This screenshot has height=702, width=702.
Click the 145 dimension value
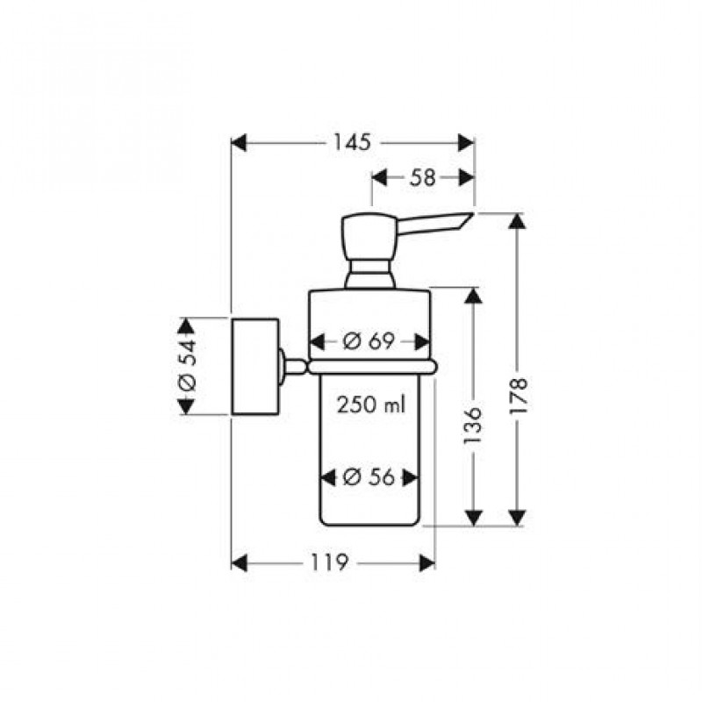(352, 143)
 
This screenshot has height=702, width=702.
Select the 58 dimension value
(422, 178)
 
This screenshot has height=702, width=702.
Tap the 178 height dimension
(519, 396)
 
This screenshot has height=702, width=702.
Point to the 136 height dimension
(472, 426)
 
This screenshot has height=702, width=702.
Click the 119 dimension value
(329, 562)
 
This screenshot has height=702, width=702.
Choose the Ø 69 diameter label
(369, 342)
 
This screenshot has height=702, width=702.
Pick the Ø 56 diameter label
(369, 477)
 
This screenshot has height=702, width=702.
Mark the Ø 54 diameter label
(187, 365)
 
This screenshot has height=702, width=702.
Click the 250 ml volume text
(370, 405)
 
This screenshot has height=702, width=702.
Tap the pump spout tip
(472, 214)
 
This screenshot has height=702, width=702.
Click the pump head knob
(369, 237)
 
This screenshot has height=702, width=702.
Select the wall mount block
(255, 367)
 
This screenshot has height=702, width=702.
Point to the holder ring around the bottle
(372, 367)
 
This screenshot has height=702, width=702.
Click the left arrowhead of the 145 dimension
(239, 143)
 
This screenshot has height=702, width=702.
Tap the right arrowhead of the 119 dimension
(426, 562)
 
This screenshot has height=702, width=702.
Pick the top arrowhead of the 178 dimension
(518, 222)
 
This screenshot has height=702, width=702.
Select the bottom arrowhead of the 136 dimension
(473, 518)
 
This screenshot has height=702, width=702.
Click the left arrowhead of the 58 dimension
(379, 178)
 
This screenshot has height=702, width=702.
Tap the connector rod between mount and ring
(293, 366)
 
